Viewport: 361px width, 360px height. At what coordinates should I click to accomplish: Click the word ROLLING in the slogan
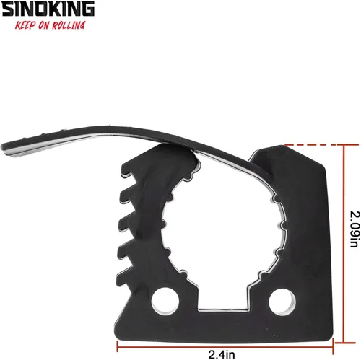[68, 25]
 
